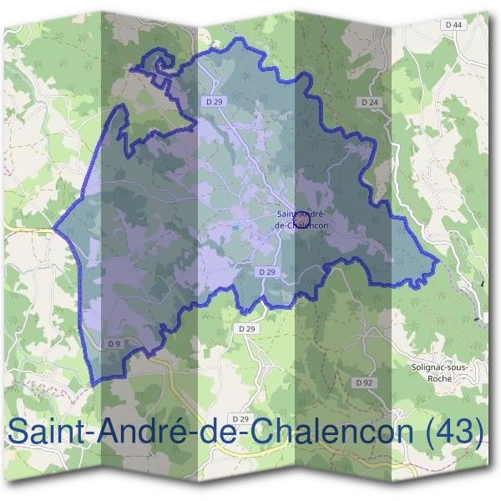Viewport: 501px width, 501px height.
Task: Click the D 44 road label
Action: pyautogui.click(x=454, y=25)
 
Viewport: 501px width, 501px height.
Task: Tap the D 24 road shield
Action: pyautogui.click(x=370, y=101)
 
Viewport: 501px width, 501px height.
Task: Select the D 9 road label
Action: pyautogui.click(x=115, y=342)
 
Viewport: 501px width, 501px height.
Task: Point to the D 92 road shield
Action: pyautogui.click(x=362, y=382)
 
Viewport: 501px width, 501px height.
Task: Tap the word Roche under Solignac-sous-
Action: pyautogui.click(x=438, y=378)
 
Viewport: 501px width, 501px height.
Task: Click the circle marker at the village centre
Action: pyautogui.click(x=302, y=220)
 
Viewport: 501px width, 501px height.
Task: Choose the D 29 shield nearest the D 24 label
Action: pyautogui.click(x=215, y=101)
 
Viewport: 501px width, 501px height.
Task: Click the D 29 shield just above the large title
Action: pyautogui.click(x=240, y=417)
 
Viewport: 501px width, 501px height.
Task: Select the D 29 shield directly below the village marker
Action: pyautogui.click(x=267, y=272)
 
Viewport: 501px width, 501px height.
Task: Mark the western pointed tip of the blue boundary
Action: pyautogui.click(x=53, y=227)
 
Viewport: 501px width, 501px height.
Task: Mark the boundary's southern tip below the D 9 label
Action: pyautogui.click(x=92, y=383)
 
